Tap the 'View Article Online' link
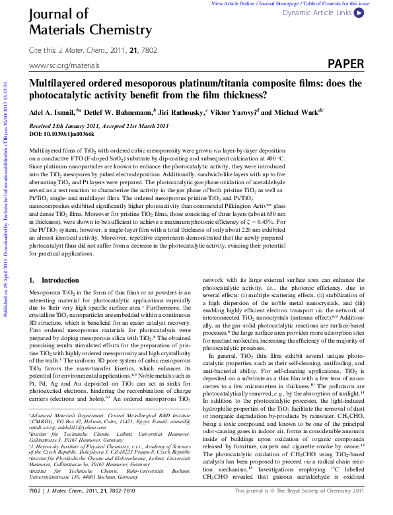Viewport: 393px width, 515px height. tap(232, 3)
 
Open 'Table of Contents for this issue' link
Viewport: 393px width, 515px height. tap(337, 3)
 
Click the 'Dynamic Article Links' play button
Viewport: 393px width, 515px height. tap(358, 12)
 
